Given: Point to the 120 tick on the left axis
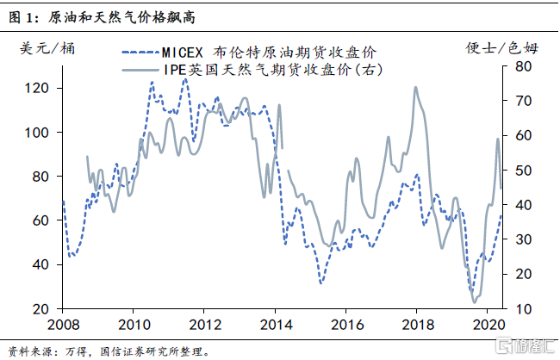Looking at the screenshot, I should point(40,88).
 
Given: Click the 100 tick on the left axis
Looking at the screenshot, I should point(40,133).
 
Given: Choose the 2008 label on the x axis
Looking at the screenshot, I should point(61,326).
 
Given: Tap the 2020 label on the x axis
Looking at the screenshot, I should point(487,326).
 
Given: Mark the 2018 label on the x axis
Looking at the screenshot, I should point(416,326).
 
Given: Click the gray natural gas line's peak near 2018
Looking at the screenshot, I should point(415,87).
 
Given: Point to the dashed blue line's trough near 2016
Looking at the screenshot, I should point(320,282).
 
